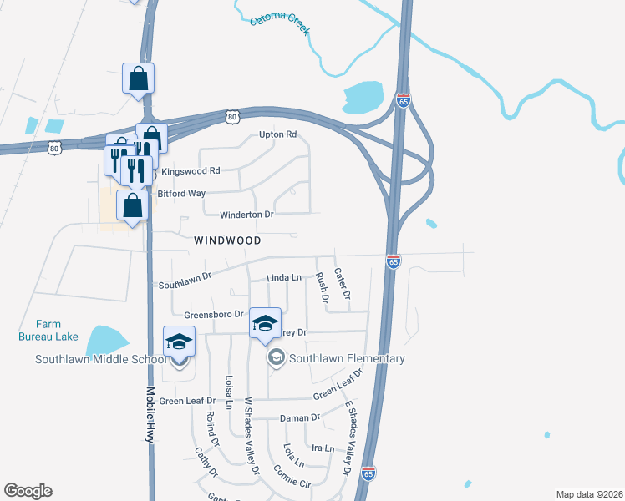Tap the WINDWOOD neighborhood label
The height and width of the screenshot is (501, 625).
tap(227, 240)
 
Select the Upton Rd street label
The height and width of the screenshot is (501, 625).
tap(278, 134)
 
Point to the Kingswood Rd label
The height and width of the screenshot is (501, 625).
tap(191, 170)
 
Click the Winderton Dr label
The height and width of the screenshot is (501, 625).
tap(246, 215)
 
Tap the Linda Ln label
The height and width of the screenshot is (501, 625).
tap(284, 277)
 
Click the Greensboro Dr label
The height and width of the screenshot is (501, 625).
tap(213, 315)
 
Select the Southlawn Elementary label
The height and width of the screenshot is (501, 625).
tap(347, 359)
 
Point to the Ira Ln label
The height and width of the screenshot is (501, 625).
tap(323, 448)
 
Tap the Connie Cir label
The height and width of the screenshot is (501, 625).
tap(292, 475)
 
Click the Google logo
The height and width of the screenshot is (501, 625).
tap(28, 491)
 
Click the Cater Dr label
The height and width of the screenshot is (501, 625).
tap(342, 284)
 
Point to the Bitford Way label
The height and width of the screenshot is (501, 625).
tap(181, 194)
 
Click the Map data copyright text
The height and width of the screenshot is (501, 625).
tap(589, 494)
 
